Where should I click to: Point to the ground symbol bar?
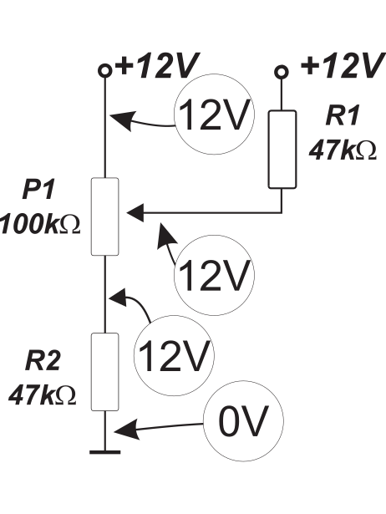coord(105,452)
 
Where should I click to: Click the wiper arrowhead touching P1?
coord(135,213)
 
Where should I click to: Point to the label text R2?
coord(43,361)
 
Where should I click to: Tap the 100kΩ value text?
coord(40,224)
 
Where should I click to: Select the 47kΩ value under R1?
coord(343,150)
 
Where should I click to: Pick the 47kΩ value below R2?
coord(43,395)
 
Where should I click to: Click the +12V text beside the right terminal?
coord(342,66)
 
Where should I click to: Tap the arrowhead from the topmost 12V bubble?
coord(123,120)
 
